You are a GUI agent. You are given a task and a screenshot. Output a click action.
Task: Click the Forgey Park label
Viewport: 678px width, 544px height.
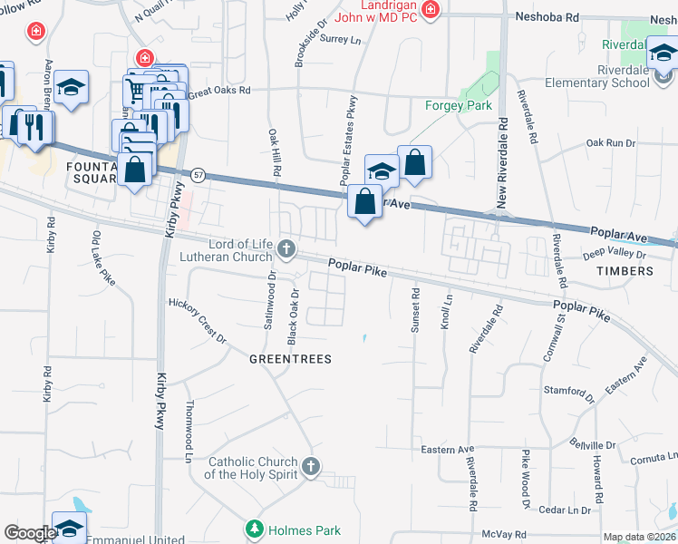click(459, 105)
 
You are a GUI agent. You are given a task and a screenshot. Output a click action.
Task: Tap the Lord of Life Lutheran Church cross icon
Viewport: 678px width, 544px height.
click(286, 248)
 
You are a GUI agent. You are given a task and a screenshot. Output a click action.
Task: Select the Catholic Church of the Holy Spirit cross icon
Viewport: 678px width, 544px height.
click(310, 467)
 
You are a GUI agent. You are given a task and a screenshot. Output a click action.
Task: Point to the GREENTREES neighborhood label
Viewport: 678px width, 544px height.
click(290, 359)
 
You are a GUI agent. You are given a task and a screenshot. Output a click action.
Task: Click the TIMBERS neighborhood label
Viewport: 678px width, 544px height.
click(625, 271)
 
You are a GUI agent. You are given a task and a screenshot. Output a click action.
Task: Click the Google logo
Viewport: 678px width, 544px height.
click(29, 533)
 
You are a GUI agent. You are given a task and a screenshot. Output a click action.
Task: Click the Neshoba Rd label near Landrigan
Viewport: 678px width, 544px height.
click(546, 17)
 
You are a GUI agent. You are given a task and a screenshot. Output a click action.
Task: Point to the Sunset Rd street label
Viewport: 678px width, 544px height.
click(416, 311)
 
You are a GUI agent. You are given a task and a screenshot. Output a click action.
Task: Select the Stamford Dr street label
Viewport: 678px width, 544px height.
click(568, 393)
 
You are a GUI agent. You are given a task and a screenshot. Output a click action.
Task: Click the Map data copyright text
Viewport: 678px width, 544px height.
click(639, 537)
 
